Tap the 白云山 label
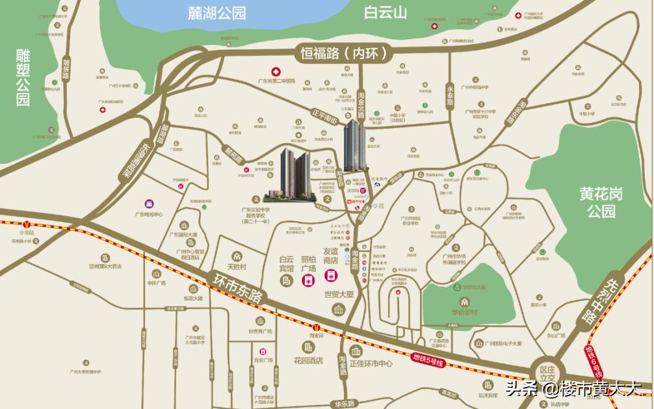click(385, 12)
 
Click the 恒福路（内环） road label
click(345, 53)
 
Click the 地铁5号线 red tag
click(428, 358)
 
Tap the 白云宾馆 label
click(287, 263)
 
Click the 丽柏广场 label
click(307, 263)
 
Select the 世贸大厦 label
click(338, 294)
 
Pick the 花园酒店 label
click(307, 361)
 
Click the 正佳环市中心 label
click(371, 363)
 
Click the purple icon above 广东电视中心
click(150, 204)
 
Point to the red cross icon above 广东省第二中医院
click(276, 71)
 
